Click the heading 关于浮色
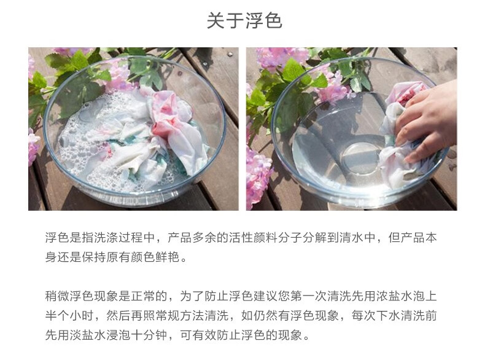point(244,21)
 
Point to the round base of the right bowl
point(360,157)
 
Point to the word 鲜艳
point(167,257)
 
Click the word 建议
point(265,296)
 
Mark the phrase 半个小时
point(69,316)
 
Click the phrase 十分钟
point(149,335)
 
